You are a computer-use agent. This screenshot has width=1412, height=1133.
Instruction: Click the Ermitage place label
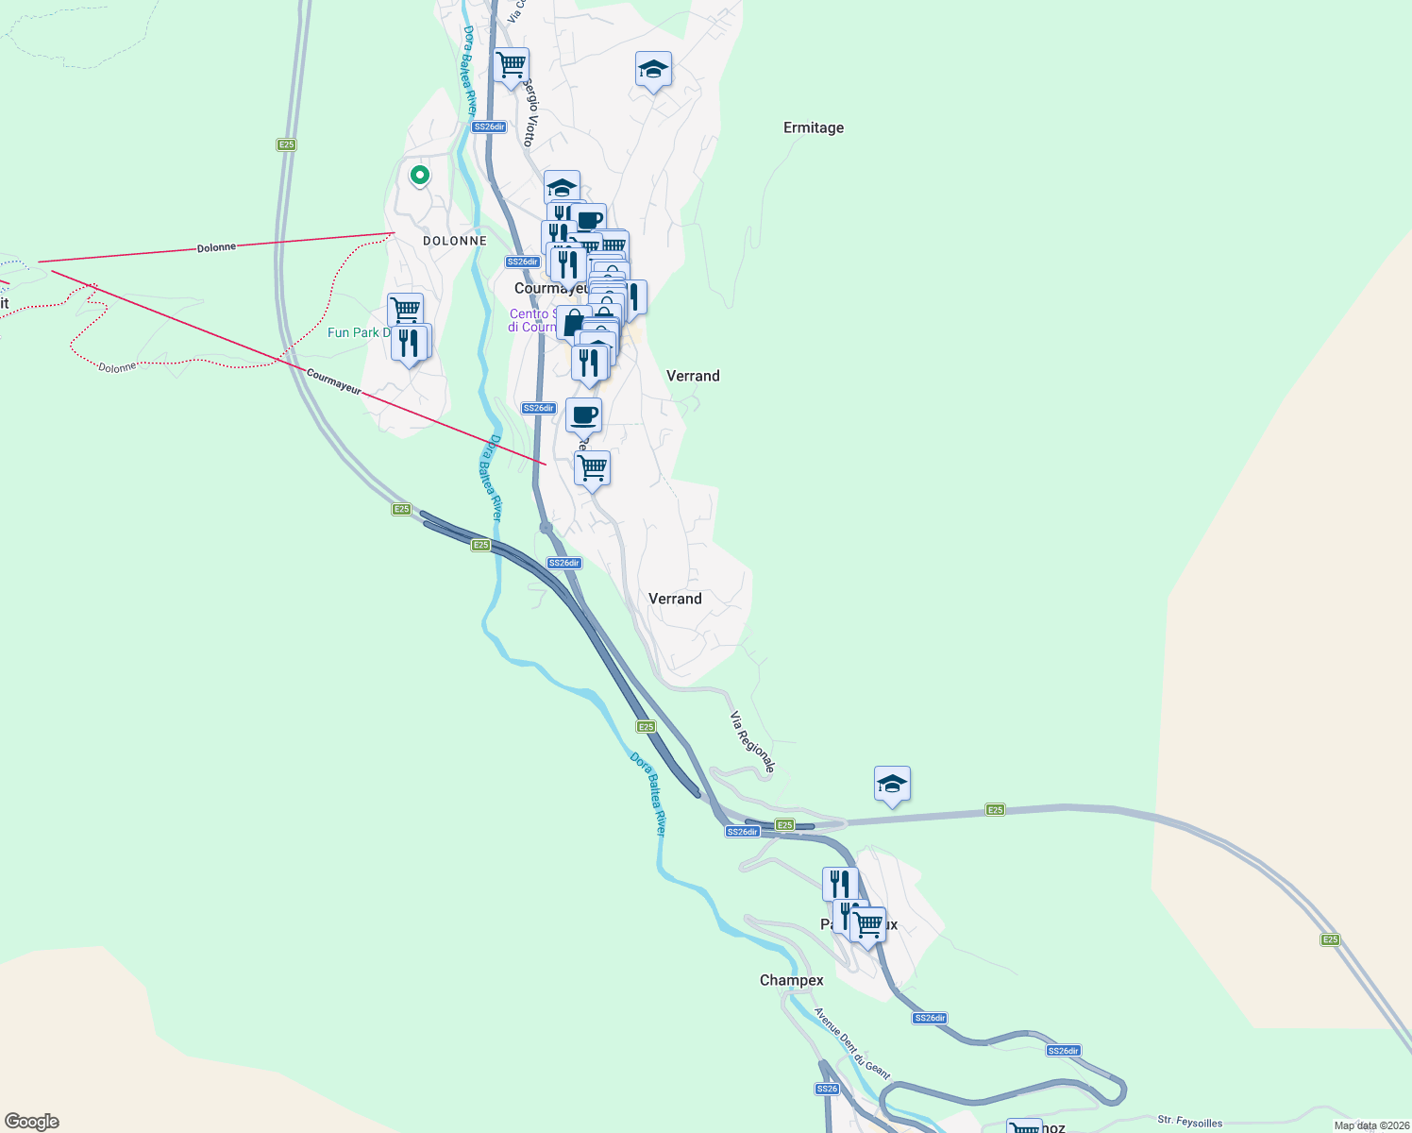pyautogui.click(x=813, y=127)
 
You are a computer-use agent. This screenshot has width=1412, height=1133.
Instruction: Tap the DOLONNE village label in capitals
pyautogui.click(x=454, y=241)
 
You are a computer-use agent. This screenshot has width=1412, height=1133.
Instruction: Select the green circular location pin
pyautogui.click(x=420, y=175)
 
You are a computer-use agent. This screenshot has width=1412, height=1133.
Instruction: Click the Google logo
pyautogui.click(x=32, y=1121)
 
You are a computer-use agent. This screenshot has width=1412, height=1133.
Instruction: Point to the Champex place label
pyautogui.click(x=791, y=980)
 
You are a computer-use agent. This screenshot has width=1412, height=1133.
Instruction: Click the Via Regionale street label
pyautogui.click(x=752, y=743)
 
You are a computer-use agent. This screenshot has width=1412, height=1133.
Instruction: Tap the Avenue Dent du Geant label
pyautogui.click(x=852, y=1043)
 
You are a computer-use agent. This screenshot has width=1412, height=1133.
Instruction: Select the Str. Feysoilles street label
pyautogui.click(x=1189, y=1122)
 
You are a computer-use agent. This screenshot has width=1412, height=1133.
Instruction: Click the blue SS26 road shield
pyautogui.click(x=827, y=1089)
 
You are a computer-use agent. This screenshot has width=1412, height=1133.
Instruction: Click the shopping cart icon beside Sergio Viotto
pyautogui.click(x=511, y=66)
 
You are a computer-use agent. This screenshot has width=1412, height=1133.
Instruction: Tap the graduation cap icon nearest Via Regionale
pyautogui.click(x=892, y=784)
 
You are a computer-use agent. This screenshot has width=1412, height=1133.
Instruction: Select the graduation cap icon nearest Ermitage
pyautogui.click(x=653, y=69)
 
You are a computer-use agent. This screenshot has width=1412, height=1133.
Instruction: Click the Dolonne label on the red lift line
pyautogui.click(x=216, y=247)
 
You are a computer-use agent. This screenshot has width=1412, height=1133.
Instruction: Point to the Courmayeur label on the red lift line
pyautogui.click(x=333, y=381)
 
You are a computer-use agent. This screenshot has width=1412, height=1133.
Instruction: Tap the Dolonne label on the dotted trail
pyautogui.click(x=117, y=367)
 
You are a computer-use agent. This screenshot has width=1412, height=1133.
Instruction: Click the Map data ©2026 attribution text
pyautogui.click(x=1371, y=1125)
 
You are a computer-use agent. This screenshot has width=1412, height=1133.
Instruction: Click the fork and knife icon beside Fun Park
pyautogui.click(x=410, y=343)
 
